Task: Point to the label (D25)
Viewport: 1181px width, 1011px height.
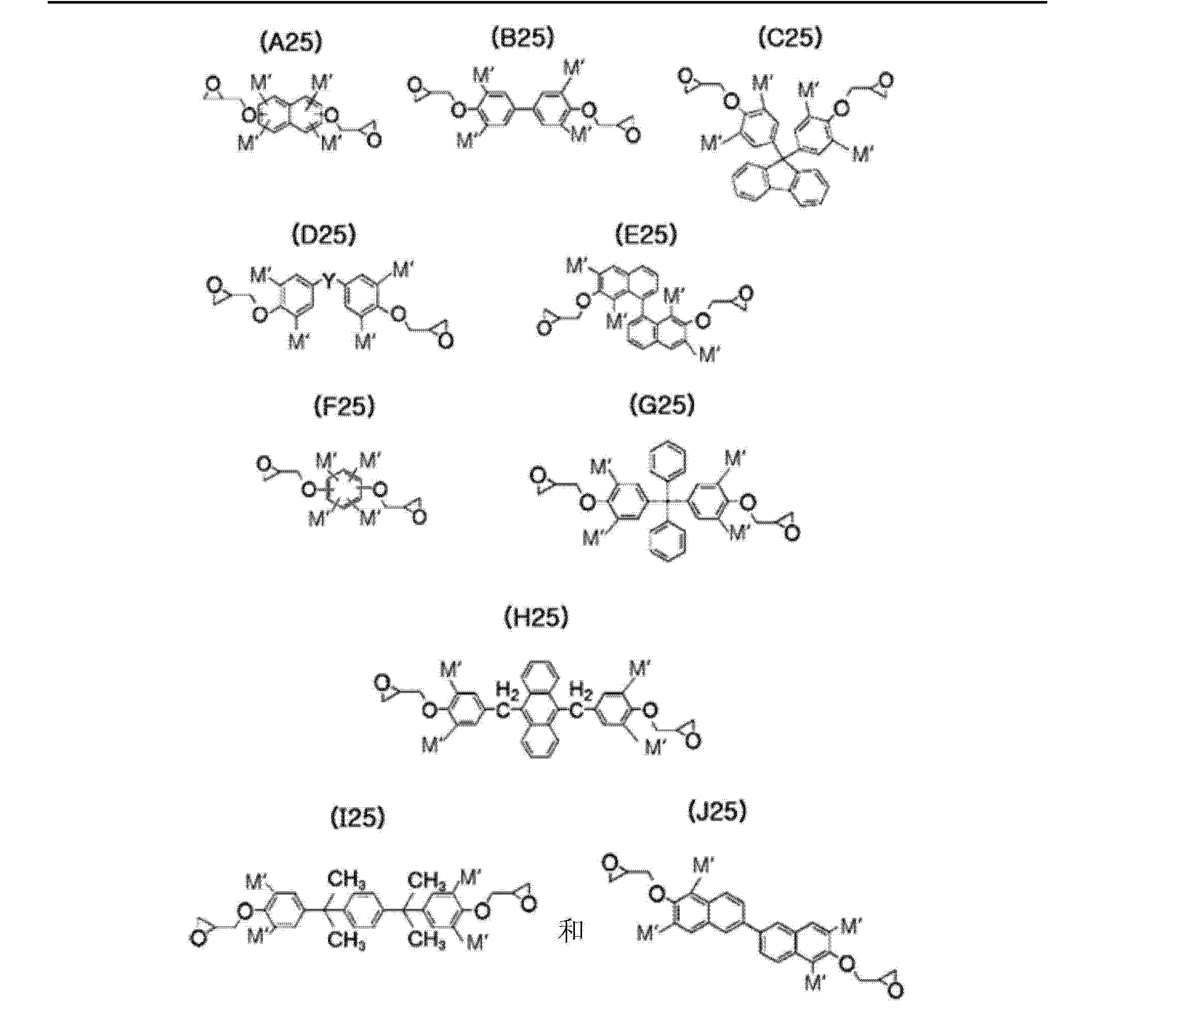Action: pos(323,235)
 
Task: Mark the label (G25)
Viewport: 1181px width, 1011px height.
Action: pos(662,405)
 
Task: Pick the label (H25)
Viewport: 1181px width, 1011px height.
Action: pos(536,618)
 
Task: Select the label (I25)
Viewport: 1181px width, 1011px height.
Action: pos(358,819)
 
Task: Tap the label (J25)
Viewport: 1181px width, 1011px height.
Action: pos(717,812)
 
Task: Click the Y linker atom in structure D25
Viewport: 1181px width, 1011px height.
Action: pos(329,279)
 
